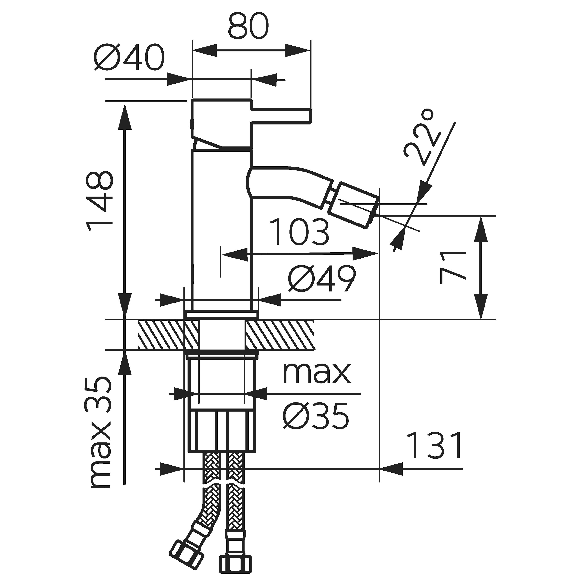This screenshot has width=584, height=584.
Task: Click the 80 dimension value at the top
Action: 248,26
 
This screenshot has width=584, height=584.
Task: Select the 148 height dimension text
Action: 100,201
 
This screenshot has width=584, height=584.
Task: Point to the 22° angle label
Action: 420,138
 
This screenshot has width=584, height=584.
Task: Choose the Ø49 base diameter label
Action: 322,279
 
